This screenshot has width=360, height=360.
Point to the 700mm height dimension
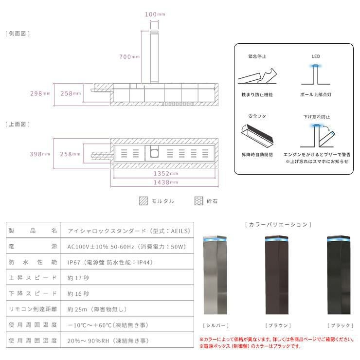click(129, 56)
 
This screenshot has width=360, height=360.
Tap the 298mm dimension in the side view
click(40, 93)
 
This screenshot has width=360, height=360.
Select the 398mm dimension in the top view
click(40, 154)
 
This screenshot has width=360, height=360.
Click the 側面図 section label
click(18, 34)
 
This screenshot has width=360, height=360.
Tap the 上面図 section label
click(18, 124)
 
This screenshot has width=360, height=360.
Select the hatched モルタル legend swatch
click(144, 200)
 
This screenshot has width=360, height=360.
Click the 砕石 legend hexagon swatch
click(199, 200)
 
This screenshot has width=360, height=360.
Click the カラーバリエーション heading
click(277, 224)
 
